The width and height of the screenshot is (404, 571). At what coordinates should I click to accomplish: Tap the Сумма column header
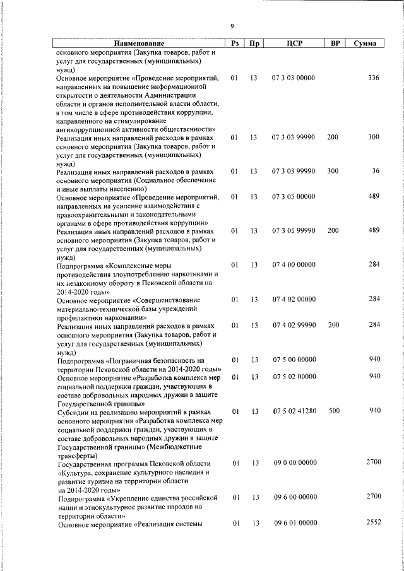(365, 44)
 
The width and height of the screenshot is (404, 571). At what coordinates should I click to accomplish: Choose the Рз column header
(235, 44)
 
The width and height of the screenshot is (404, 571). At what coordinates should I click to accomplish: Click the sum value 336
(373, 78)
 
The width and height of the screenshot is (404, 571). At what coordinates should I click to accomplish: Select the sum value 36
(376, 171)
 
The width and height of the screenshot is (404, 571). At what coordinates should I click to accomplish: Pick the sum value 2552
(373, 523)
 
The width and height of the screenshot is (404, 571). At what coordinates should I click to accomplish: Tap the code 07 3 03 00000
(294, 78)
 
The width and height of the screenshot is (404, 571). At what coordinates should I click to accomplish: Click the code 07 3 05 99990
(294, 231)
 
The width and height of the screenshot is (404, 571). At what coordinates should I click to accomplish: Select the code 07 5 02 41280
(294, 411)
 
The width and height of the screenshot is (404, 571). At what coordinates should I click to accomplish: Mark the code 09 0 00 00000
(295, 463)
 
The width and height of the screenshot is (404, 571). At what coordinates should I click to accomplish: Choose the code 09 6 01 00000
(295, 524)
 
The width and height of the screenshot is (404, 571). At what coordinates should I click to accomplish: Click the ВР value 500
(334, 411)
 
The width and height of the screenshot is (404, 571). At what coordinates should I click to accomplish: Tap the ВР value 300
(333, 171)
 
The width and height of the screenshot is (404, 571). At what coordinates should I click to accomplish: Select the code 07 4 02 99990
(294, 325)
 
